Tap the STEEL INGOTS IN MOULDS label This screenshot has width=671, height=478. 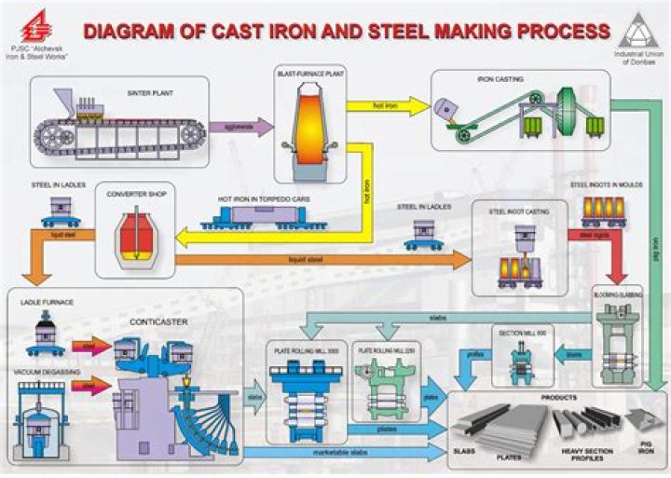[606, 185]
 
